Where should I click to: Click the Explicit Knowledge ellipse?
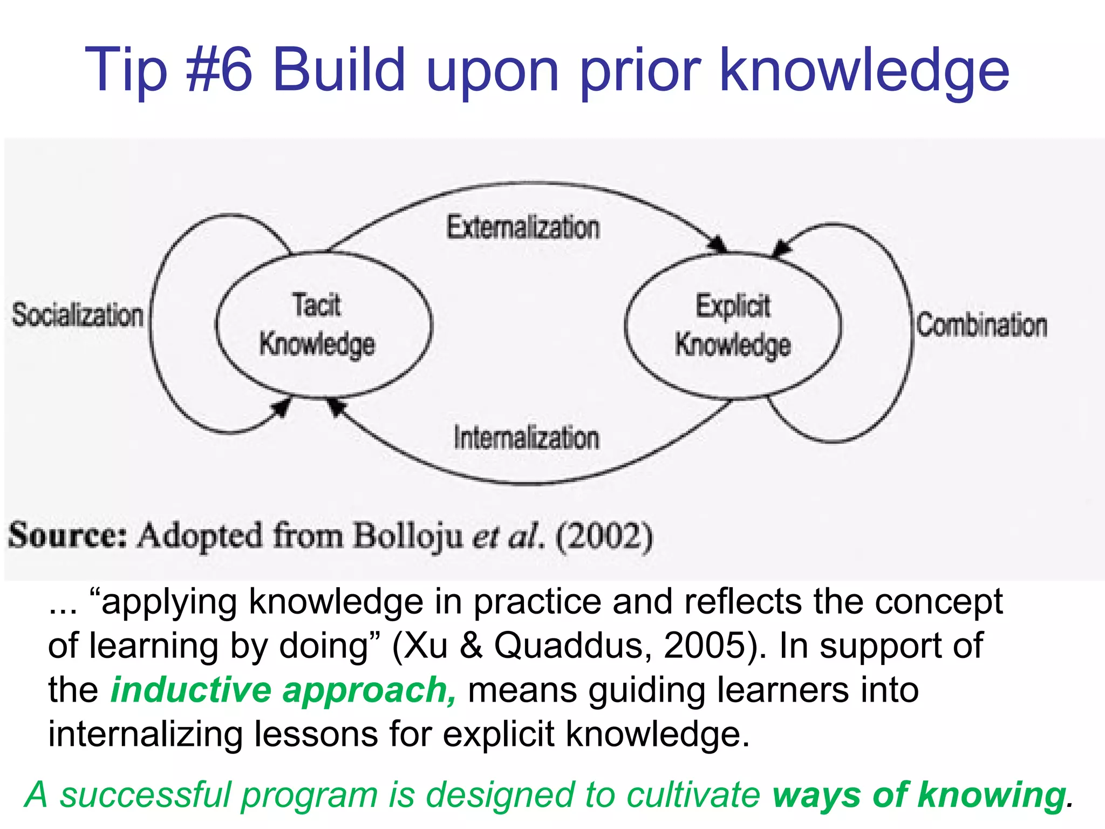[733, 326]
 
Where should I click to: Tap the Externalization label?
[523, 227]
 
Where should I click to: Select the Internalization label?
[526, 438]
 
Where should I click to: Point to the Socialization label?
[78, 315]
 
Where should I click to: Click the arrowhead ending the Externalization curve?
[718, 245]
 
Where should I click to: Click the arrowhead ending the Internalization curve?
[336, 406]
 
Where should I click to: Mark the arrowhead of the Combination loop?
[782, 248]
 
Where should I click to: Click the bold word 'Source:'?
[67, 536]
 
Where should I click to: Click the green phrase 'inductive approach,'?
[284, 690]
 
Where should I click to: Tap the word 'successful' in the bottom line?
[146, 796]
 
